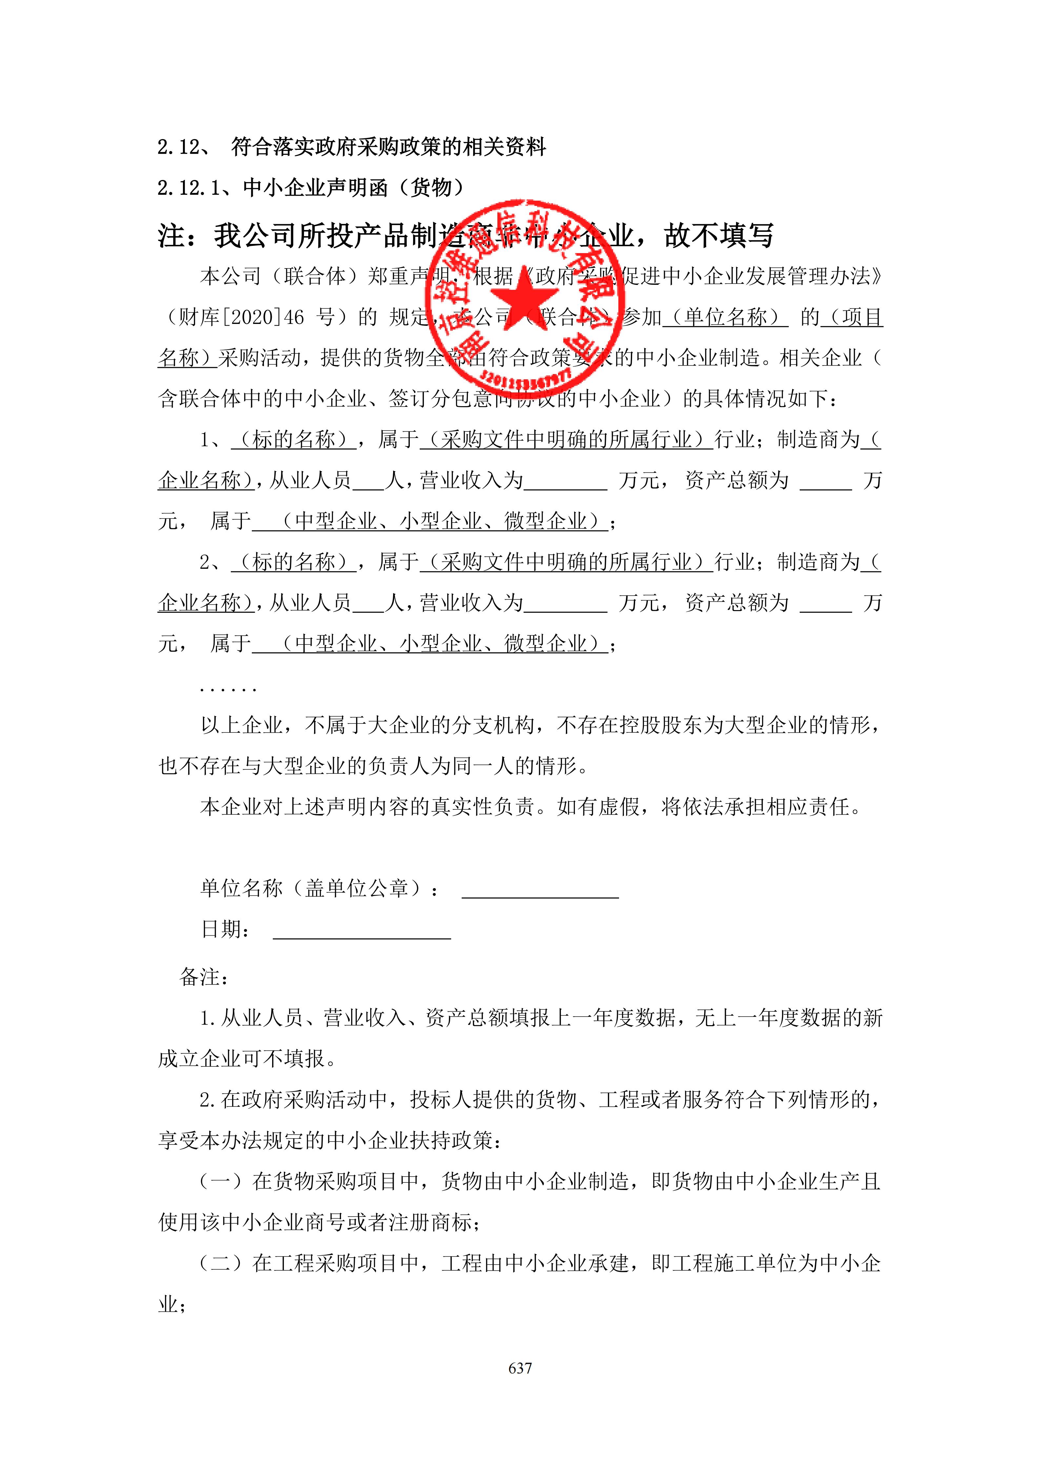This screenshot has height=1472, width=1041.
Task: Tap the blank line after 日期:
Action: point(362,931)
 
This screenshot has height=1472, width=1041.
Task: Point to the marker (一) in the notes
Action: point(221,1181)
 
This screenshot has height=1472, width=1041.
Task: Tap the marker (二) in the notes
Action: point(221,1263)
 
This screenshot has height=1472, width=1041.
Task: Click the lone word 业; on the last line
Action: point(172,1304)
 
